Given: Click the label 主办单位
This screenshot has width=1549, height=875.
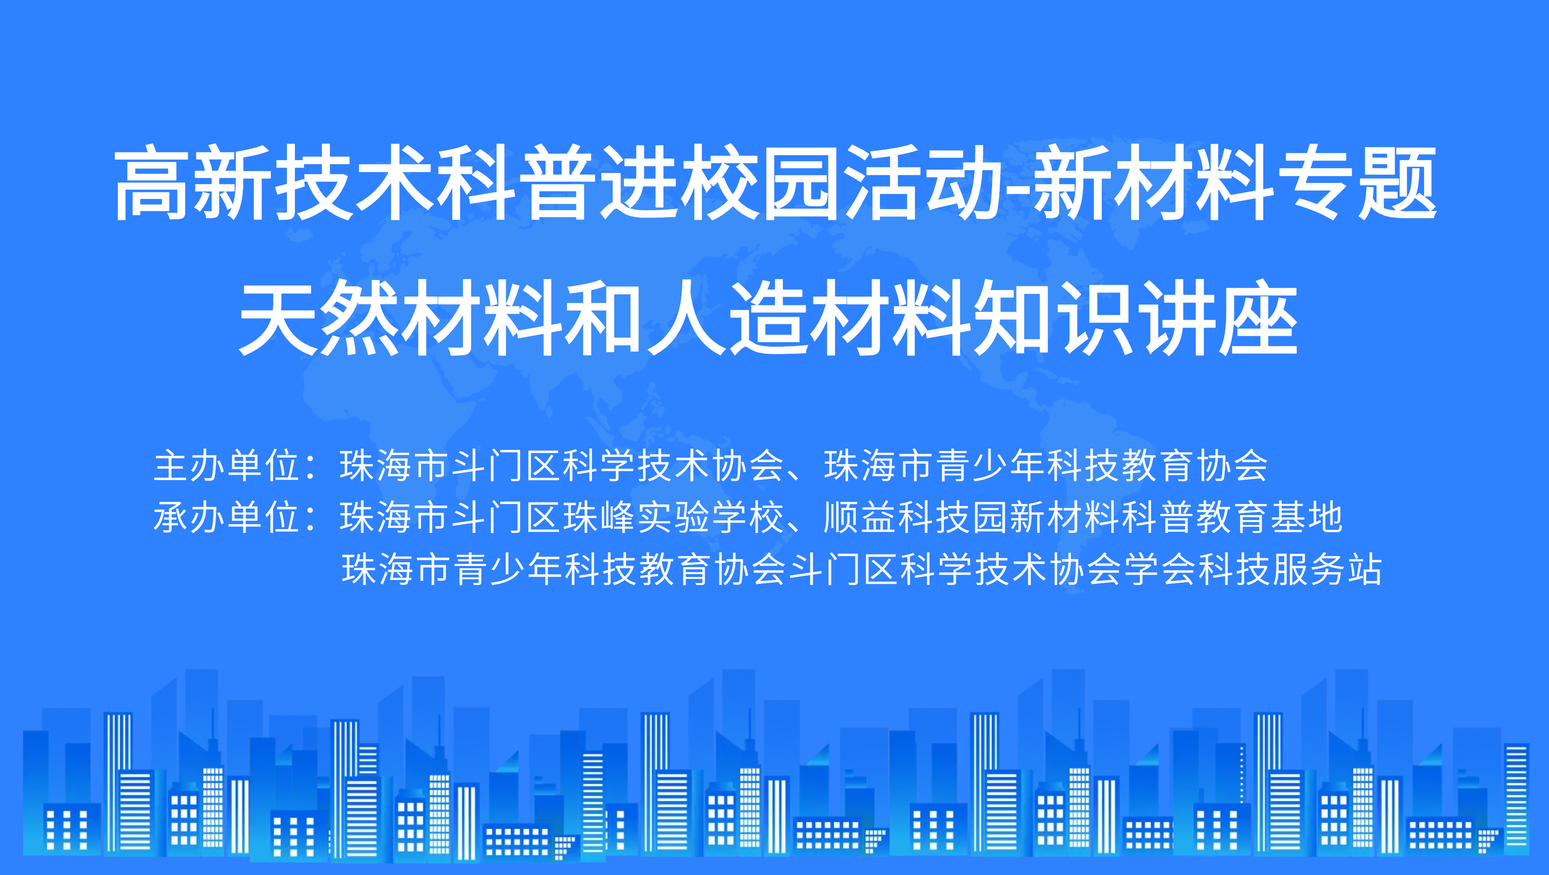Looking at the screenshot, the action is click(x=227, y=466).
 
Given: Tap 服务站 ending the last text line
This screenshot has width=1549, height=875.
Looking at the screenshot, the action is click(x=1327, y=568).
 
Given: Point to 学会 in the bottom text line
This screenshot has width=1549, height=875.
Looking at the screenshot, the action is click(x=1161, y=568).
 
